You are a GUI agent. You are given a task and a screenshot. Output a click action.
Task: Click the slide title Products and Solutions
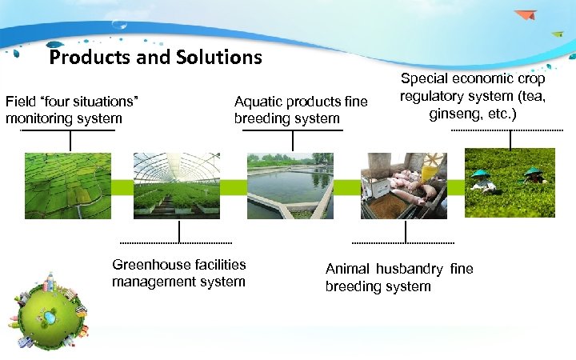coord(155,58)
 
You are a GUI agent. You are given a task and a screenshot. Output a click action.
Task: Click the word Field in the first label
coord(21,102)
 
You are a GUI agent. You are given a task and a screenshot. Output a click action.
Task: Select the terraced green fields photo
coord(68,186)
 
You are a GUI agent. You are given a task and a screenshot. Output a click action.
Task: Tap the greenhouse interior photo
coord(177,186)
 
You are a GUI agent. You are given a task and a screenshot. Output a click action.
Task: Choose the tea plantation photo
coord(510,183)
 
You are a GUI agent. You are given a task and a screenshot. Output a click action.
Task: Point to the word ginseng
coord(454,114)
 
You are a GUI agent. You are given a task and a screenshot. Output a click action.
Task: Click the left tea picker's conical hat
coord(481,173)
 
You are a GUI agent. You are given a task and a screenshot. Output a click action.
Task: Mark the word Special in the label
coord(424,79)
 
